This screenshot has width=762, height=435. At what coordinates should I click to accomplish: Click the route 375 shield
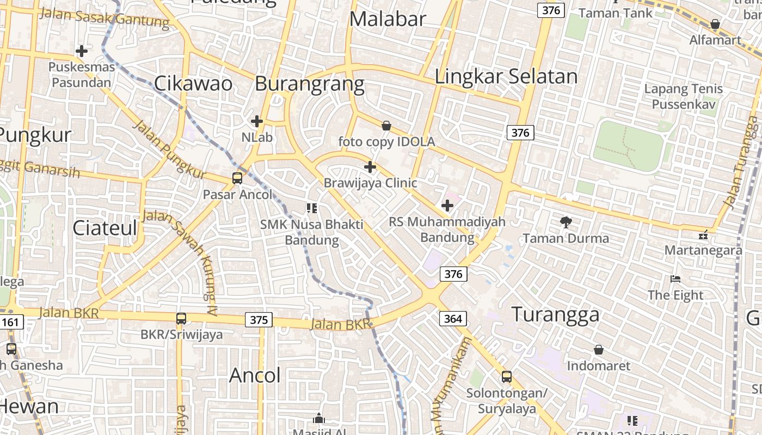259,320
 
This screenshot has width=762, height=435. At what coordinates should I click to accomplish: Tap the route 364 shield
453,318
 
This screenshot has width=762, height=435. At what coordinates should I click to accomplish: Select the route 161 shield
10,322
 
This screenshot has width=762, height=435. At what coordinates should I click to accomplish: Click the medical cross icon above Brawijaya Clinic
370,166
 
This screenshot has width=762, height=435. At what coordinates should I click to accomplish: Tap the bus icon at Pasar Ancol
237,178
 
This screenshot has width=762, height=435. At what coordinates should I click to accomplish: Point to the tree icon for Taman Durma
566,221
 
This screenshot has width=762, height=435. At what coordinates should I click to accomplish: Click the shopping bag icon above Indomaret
599,349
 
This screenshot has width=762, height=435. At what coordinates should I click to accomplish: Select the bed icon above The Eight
675,279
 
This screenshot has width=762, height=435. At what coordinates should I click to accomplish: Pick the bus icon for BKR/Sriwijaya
181,318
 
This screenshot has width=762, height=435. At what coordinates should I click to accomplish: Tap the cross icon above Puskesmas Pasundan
82,51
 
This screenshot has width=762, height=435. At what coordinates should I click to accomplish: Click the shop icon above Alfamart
715,24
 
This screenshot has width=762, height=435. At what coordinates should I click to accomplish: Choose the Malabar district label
388,19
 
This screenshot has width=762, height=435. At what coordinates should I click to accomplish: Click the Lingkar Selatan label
506,77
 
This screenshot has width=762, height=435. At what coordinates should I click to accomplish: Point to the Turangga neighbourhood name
556,314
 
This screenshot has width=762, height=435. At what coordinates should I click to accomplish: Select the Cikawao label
193,84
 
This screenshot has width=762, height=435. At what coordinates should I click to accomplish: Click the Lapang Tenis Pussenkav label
684,96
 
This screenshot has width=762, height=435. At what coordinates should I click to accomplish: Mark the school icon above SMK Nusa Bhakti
312,208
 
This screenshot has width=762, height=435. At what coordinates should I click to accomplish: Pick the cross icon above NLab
257,121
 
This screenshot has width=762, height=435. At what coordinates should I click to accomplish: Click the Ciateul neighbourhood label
105,228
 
